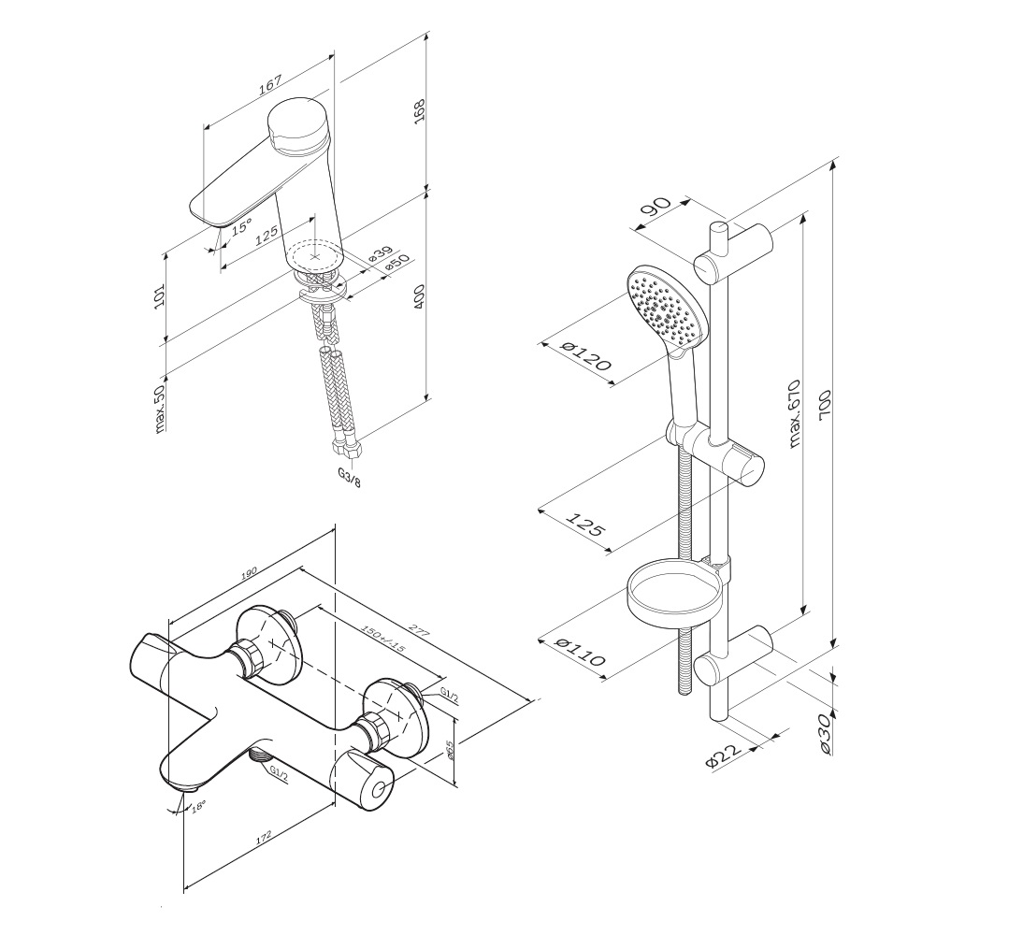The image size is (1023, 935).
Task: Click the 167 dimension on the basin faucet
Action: pos(269,84)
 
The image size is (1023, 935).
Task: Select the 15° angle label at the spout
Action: pos(241,226)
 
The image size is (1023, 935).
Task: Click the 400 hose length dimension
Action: pos(419,296)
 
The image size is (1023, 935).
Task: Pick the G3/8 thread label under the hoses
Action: pos(349,473)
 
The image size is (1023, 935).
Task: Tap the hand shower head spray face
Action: pos(665,309)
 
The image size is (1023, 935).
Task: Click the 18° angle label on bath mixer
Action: pos(197,805)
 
